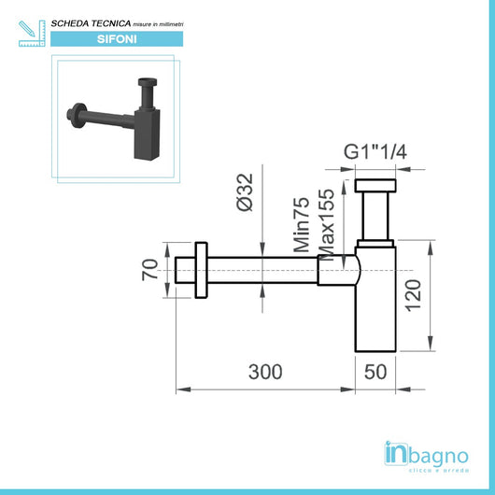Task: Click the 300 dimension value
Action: (x=265, y=372)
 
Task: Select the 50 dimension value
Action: (x=375, y=372)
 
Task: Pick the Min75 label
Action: (x=301, y=225)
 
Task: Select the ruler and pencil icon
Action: (x=32, y=31)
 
